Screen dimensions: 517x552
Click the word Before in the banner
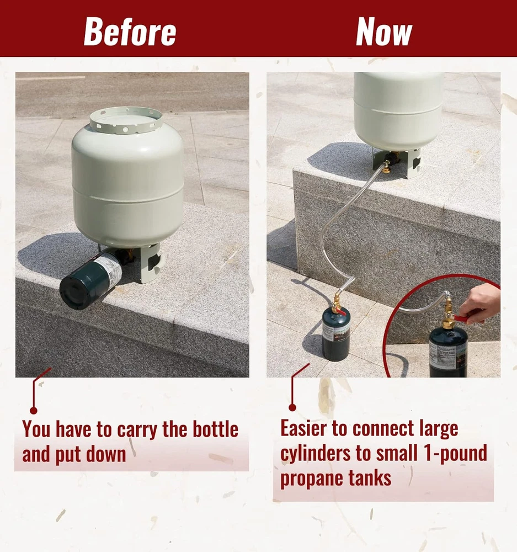point(130,31)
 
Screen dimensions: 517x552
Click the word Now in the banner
point(384,31)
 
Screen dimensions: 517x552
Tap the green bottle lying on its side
point(92,278)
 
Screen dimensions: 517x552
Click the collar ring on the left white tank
point(126,121)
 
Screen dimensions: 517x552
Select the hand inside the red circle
point(481,304)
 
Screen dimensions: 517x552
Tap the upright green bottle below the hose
point(336,335)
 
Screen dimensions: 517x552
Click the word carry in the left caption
point(137,430)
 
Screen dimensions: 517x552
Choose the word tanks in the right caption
point(365,477)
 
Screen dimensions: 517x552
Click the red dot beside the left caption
point(34,411)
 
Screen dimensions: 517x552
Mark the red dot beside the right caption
point(292,408)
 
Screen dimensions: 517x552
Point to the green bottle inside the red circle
point(448,352)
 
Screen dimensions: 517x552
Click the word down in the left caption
point(106,454)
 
